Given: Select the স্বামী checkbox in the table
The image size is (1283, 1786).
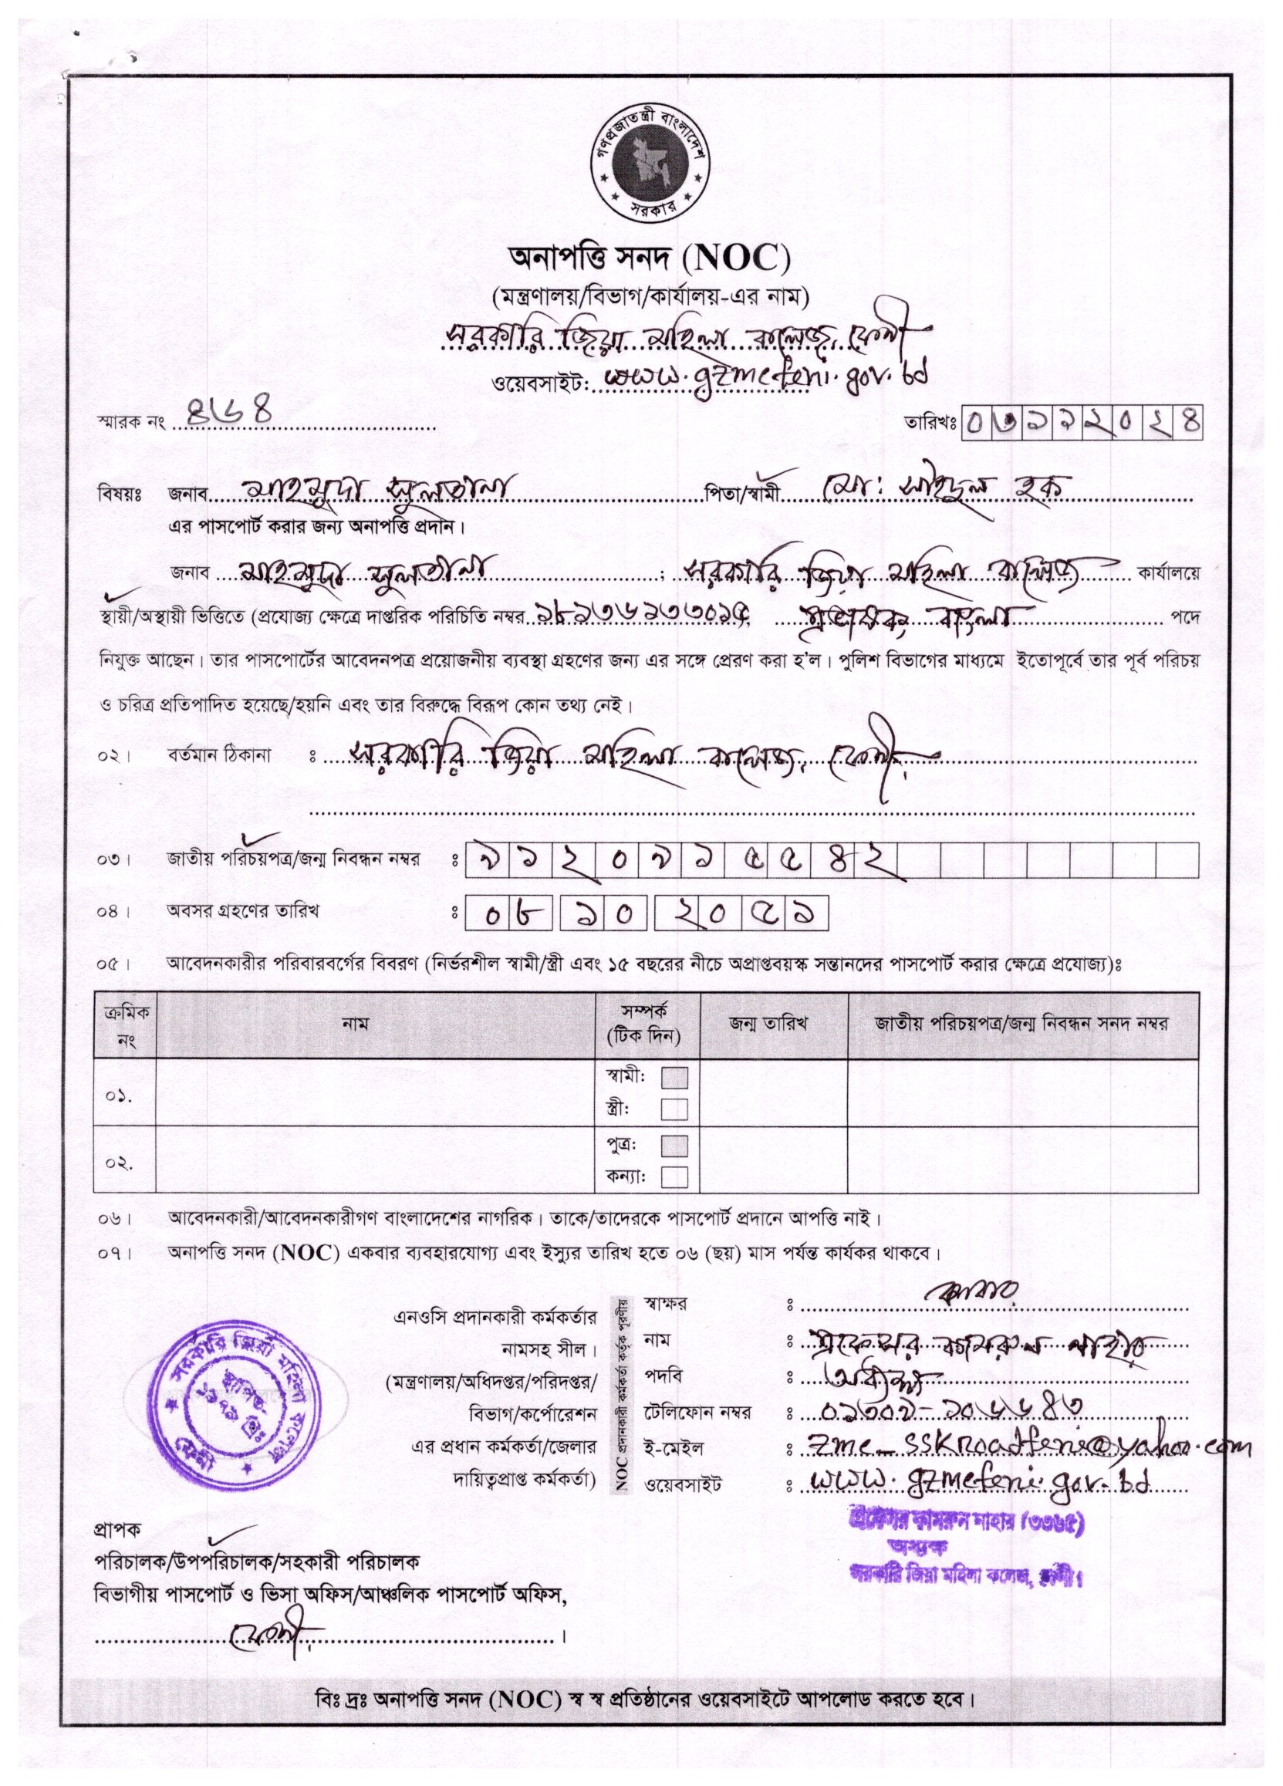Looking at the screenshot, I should (x=674, y=1077).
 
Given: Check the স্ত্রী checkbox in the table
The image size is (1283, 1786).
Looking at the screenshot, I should (x=674, y=1109).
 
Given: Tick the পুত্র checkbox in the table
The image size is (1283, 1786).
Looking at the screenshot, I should (x=674, y=1145).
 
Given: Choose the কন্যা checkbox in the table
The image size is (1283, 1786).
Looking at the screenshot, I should (x=674, y=1177).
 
